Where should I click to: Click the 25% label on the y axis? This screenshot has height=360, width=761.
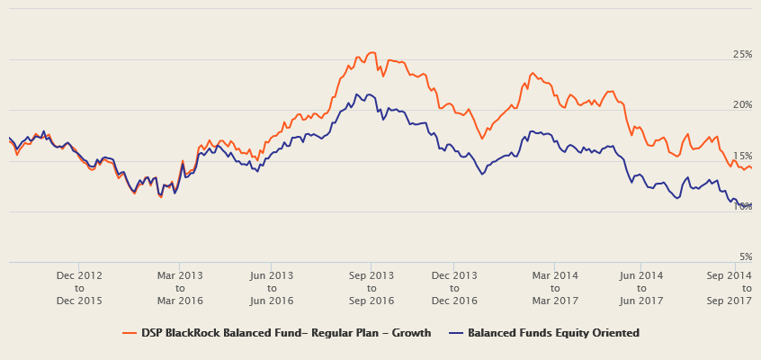tap(742, 55)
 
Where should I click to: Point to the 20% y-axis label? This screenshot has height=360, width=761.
tap(742, 105)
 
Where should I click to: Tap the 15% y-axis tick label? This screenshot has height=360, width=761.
tap(742, 156)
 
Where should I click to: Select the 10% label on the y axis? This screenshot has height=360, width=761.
tap(742, 206)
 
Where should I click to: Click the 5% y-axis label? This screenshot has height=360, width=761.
tap(745, 256)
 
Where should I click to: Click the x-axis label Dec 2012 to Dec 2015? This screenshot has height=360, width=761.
tap(79, 287)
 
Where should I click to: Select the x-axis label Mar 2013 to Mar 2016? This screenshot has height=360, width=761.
tap(180, 287)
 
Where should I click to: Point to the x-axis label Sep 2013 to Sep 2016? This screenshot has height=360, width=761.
tap(372, 287)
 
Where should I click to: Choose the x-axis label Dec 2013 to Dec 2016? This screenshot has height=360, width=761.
tap(454, 287)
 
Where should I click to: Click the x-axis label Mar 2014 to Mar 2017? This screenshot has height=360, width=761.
tap(555, 287)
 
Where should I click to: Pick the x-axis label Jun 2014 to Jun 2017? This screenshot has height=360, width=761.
tap(641, 287)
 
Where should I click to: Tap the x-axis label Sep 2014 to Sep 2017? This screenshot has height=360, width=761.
tap(729, 287)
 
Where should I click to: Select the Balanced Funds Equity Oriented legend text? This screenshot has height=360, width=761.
tap(553, 333)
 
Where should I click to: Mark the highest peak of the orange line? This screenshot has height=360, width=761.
tap(371, 53)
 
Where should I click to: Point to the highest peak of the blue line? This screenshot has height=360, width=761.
tap(357, 94)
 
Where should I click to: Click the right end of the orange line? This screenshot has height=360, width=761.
tap(751, 167)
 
